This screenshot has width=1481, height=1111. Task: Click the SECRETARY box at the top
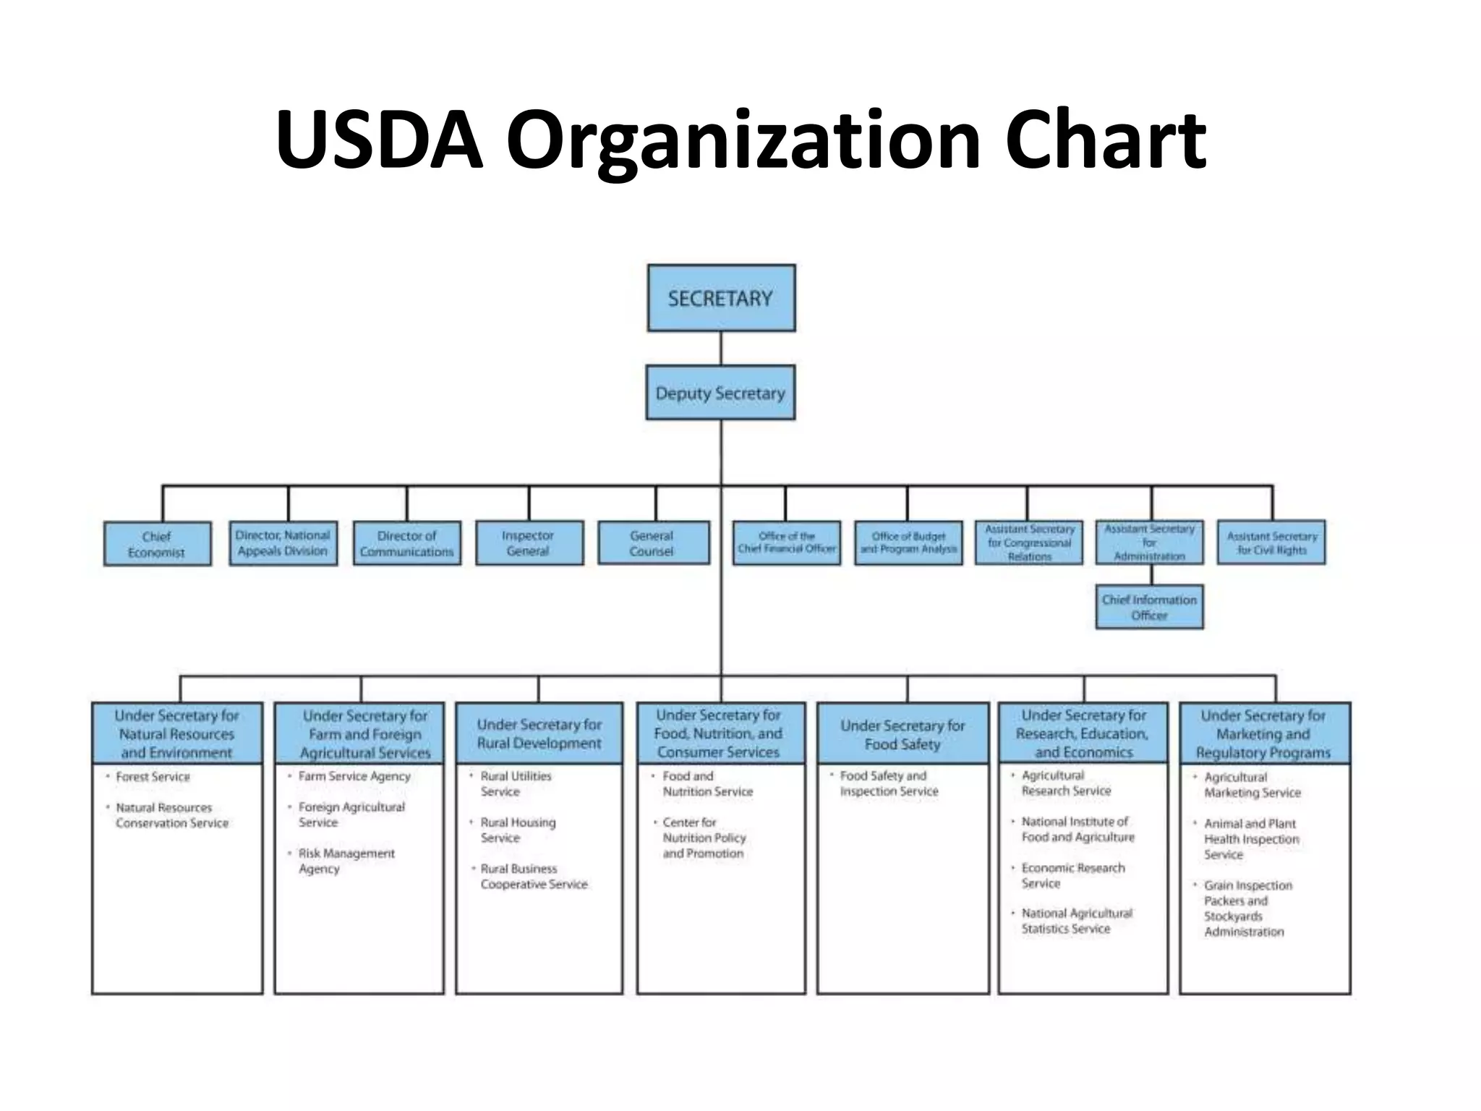click(721, 298)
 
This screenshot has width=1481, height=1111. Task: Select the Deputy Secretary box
click(720, 393)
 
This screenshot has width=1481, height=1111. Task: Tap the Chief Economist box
click(157, 544)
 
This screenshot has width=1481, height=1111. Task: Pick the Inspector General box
click(529, 543)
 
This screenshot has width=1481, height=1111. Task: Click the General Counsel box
click(653, 543)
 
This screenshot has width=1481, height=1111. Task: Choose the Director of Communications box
click(406, 544)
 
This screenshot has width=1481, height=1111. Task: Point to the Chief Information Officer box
click(1149, 608)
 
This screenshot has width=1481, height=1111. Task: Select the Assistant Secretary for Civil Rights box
click(1271, 542)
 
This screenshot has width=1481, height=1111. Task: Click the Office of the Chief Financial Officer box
click(786, 542)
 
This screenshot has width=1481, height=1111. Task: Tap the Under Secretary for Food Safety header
click(902, 734)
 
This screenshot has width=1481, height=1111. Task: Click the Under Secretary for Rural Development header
click(539, 733)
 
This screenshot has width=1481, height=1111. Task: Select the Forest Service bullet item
click(153, 777)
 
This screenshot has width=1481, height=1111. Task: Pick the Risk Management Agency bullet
click(346, 861)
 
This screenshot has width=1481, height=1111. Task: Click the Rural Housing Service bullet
click(518, 830)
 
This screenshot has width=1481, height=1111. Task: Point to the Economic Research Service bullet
click(1072, 875)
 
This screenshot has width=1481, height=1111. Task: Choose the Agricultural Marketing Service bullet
click(1252, 785)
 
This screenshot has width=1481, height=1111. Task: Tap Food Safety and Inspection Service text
click(889, 783)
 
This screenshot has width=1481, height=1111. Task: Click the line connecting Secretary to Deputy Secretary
click(721, 349)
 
